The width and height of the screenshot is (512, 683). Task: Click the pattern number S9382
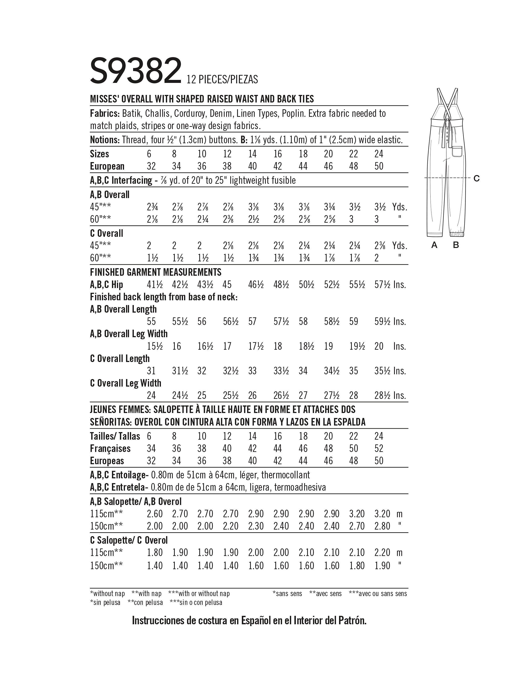click(x=135, y=71)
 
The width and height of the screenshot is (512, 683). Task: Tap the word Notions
click(x=104, y=140)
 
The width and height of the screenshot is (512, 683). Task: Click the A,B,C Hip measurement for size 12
click(x=227, y=284)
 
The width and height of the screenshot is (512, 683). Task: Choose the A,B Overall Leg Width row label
click(x=129, y=334)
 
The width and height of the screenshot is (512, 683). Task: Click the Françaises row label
click(x=110, y=448)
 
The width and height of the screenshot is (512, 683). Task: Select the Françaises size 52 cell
click(x=379, y=448)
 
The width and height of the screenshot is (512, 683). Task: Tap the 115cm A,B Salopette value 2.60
click(x=154, y=514)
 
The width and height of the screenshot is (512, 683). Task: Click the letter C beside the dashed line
click(x=477, y=178)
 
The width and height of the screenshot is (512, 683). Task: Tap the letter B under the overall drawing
click(x=456, y=245)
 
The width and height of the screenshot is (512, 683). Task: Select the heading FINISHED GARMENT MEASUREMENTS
click(x=156, y=272)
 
